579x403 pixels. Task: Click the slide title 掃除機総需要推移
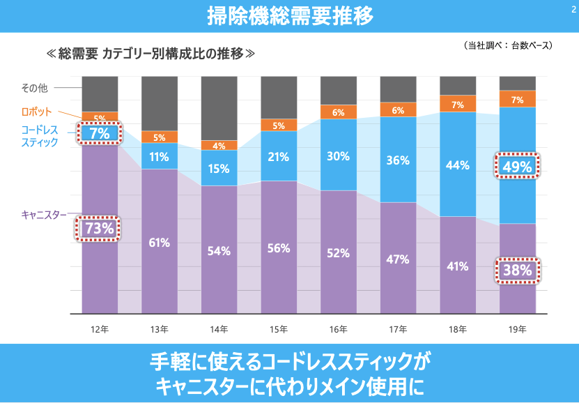click(x=289, y=15)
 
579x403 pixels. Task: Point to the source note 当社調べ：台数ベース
click(x=507, y=46)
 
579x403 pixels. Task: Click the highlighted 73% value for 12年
click(x=99, y=228)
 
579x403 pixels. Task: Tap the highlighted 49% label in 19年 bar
click(x=517, y=166)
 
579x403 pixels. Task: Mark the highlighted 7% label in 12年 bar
click(x=99, y=132)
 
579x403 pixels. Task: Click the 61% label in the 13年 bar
click(x=159, y=243)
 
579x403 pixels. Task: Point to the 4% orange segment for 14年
click(x=219, y=146)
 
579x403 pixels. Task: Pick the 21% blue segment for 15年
click(x=279, y=157)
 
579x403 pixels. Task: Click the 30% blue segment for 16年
click(x=338, y=156)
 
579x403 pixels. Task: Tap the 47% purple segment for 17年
click(x=398, y=259)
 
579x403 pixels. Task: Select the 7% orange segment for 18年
click(x=458, y=105)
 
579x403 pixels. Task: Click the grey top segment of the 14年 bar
click(x=219, y=108)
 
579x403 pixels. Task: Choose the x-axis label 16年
click(x=338, y=328)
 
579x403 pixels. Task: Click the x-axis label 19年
click(x=517, y=328)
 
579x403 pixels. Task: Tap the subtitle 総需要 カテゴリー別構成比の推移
click(x=150, y=53)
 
